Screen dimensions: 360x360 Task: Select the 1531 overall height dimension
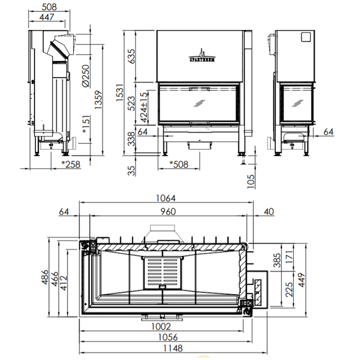coord(120,93)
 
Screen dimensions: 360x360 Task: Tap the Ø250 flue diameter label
coord(85,76)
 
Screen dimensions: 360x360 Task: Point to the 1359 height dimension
coord(98,100)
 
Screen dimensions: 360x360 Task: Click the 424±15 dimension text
coord(144,107)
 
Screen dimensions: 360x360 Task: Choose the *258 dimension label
coord(71,164)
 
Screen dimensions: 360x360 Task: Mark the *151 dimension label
coord(86,124)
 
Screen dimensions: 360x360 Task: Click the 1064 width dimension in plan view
coord(166,198)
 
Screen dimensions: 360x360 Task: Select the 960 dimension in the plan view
coord(168,211)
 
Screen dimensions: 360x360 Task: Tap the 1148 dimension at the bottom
coord(173,348)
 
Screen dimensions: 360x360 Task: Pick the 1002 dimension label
coord(161,326)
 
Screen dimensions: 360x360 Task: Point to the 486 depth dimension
coord(45,277)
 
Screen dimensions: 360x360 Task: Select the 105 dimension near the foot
coord(251,181)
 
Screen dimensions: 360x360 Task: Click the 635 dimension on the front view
coord(131,56)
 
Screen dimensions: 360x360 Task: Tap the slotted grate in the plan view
coord(162,272)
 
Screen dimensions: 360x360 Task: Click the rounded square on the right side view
coord(306,37)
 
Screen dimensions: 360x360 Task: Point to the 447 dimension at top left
coord(47,17)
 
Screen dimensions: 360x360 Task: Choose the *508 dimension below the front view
coord(179,164)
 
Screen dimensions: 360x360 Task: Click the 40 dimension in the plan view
coord(269,211)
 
